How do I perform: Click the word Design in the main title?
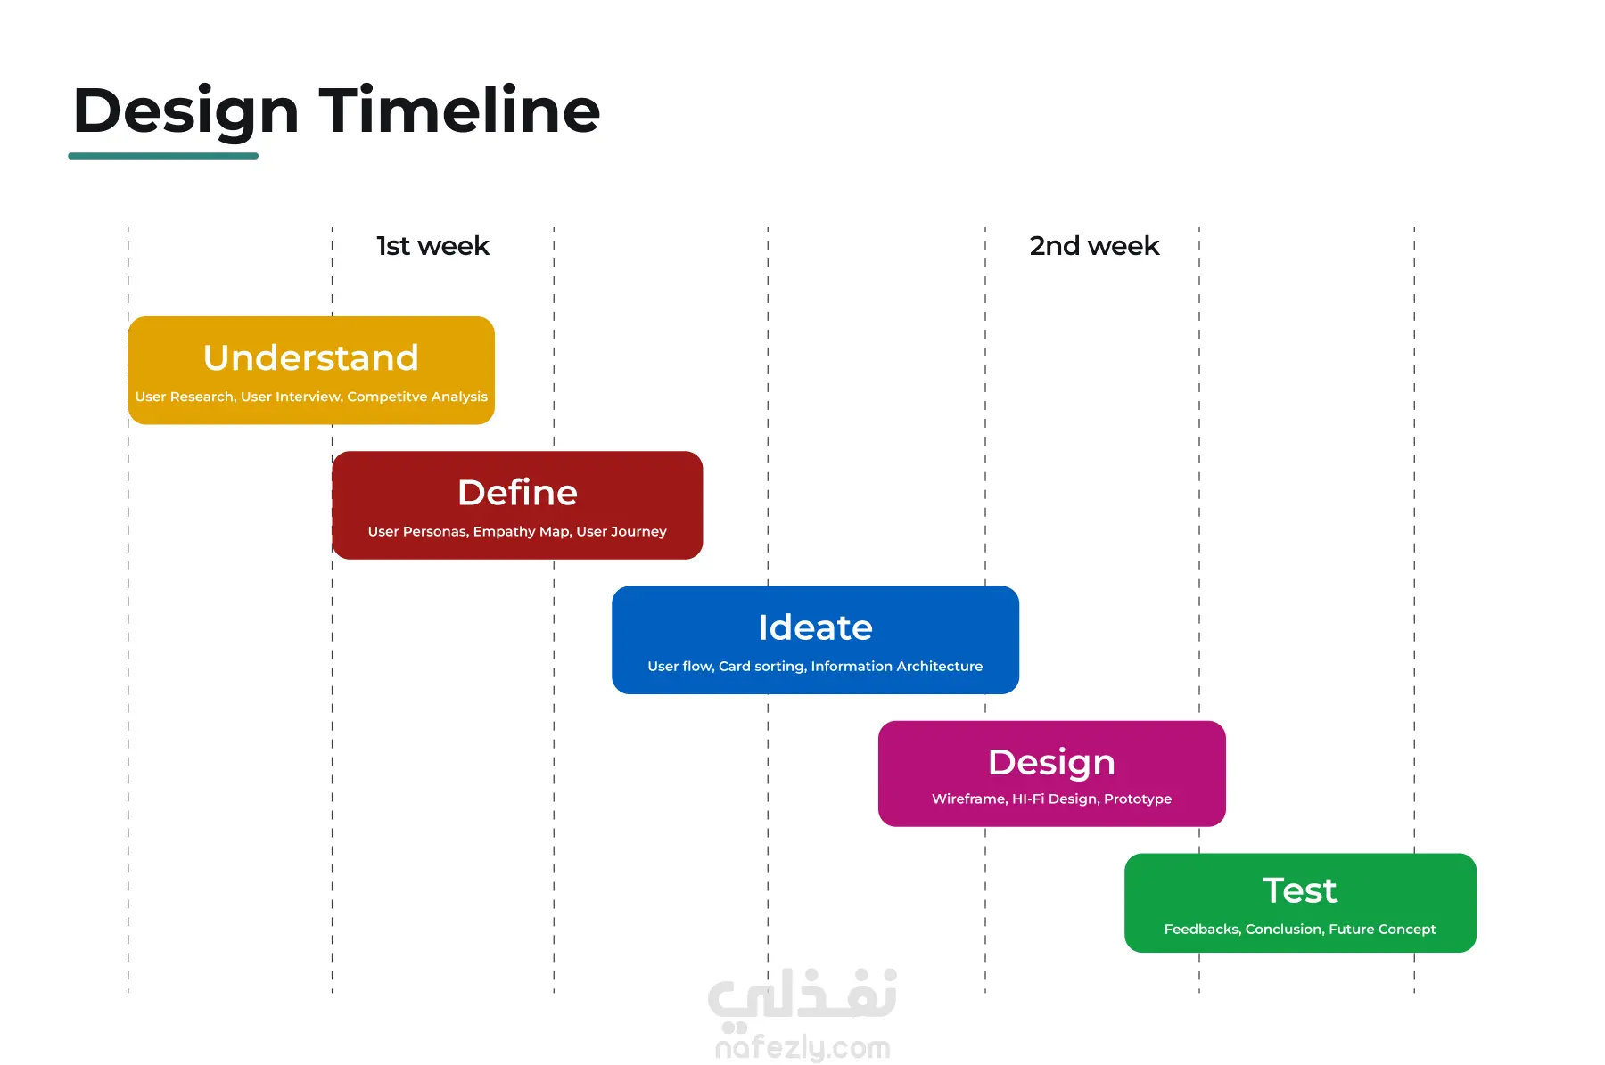tap(185, 112)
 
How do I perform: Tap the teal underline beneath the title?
tap(163, 156)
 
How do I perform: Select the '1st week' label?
tap(432, 246)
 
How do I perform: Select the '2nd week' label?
tap(1094, 246)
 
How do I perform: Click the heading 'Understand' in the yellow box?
tap(311, 357)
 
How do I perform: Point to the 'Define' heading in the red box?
tap(517, 492)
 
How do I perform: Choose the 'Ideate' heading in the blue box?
tap(815, 627)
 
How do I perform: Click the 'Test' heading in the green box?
tap(1299, 890)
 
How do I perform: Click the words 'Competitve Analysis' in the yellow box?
tap(417, 397)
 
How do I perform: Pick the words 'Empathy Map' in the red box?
tap(522, 532)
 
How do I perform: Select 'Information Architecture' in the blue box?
tap(896, 666)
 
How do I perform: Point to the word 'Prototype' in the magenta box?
tap(1138, 799)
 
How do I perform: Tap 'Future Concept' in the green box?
tap(1382, 929)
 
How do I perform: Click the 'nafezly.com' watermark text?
tap(802, 1047)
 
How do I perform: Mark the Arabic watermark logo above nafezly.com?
tap(802, 996)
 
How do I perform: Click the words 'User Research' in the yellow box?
tap(185, 397)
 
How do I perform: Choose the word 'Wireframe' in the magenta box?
tap(968, 799)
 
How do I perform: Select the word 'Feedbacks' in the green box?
tap(1201, 929)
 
